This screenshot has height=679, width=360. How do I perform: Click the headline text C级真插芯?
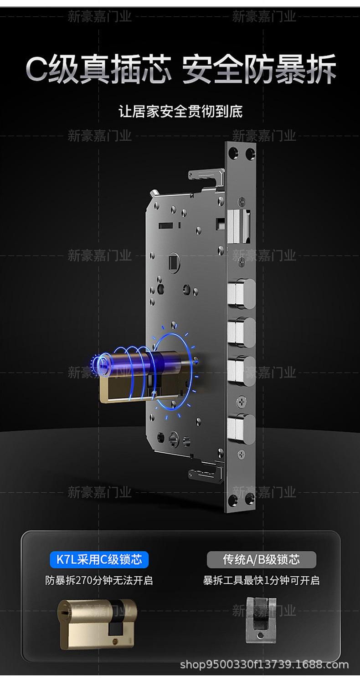tap(99, 69)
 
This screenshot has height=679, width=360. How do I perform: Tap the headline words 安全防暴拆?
tap(259, 69)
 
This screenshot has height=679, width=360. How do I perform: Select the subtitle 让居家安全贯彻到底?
tap(180, 111)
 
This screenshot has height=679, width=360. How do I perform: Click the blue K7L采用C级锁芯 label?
tap(99, 560)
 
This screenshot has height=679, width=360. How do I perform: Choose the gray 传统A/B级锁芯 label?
tap(262, 560)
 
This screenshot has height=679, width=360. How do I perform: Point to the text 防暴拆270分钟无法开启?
tap(99, 580)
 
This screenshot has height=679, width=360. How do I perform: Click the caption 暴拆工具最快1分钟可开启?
tap(262, 580)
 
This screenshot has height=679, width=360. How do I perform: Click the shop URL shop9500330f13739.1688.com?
tap(264, 665)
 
